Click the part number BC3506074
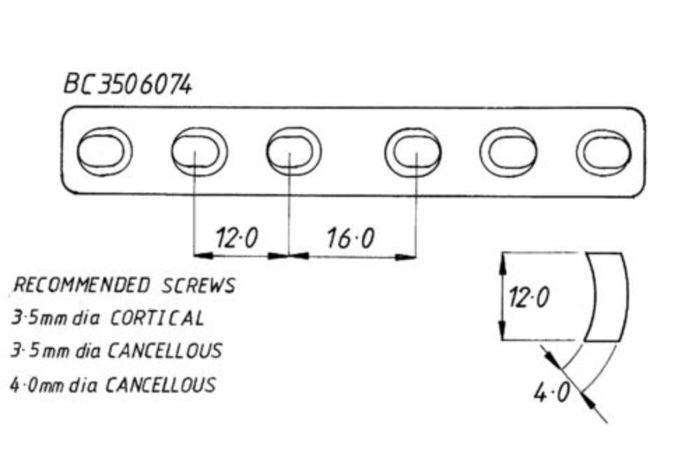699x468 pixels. tap(127, 85)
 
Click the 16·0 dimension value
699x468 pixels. tap(350, 239)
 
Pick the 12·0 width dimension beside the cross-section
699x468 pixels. tap(528, 298)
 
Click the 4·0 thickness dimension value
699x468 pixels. tap(552, 393)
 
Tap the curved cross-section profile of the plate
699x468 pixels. tap(606, 297)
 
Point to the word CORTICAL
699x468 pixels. tap(157, 319)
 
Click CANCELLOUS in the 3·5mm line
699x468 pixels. tap(164, 350)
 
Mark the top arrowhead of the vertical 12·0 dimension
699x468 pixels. tap(502, 260)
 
